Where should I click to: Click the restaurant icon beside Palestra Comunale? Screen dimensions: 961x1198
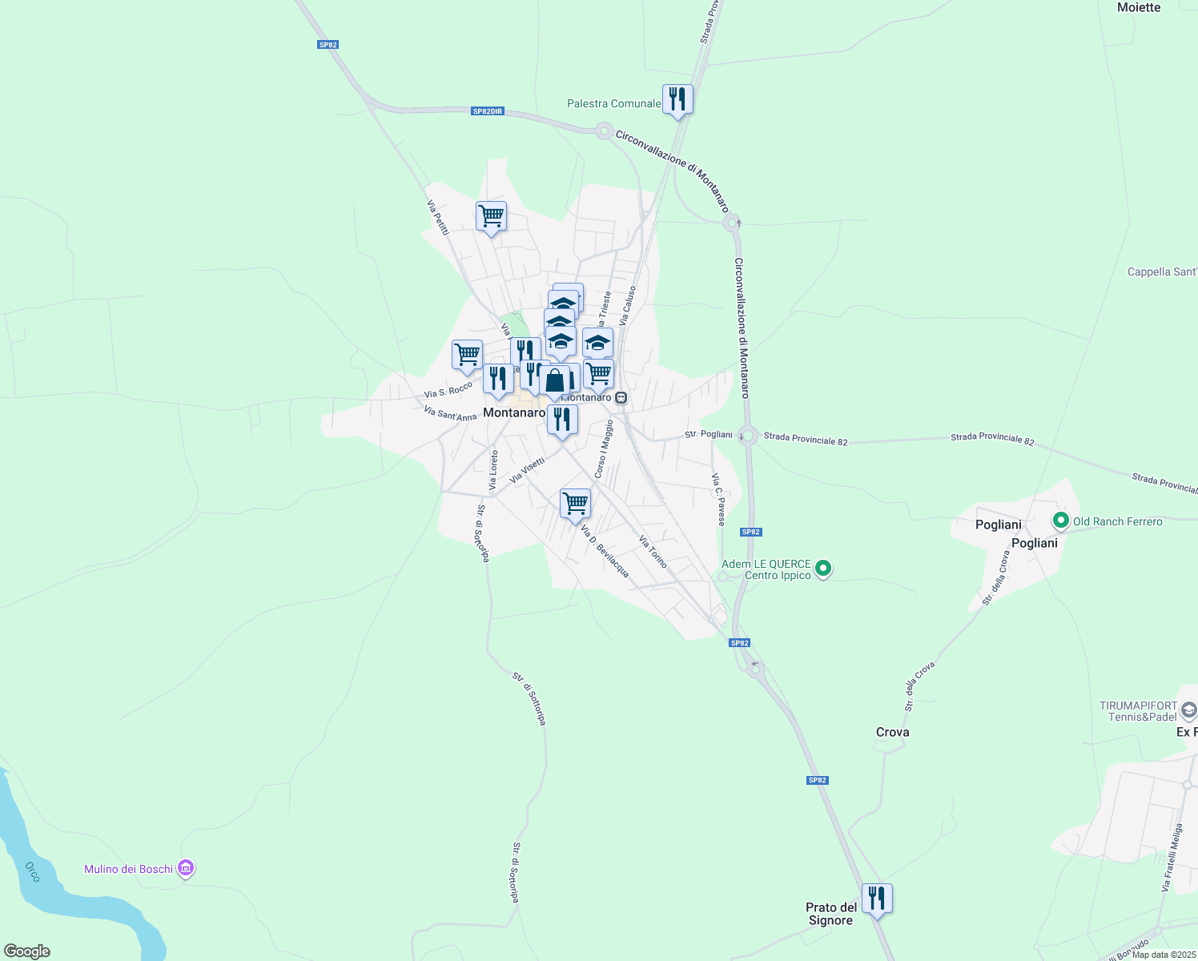pos(677,99)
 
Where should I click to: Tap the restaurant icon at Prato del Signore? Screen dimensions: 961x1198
pos(877,899)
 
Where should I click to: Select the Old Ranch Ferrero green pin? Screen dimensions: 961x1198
pos(1061,521)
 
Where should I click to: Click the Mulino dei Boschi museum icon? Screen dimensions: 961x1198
pos(186,868)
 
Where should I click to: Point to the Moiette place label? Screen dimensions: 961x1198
pos(1138,7)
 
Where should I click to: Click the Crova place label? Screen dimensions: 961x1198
pos(892,732)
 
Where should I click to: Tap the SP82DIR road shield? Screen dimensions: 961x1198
pos(487,111)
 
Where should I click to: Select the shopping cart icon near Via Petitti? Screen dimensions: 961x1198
pos(491,216)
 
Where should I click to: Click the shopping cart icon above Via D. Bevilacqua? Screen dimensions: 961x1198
pos(575,504)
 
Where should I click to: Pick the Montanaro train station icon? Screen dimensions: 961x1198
pos(621,397)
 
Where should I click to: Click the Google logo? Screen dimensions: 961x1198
pos(26,951)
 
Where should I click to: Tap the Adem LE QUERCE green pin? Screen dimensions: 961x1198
pos(822,569)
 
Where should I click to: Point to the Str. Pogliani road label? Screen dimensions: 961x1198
pos(708,434)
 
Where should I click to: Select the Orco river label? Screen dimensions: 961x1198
pos(33,872)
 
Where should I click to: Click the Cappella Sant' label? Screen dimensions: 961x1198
pos(1161,271)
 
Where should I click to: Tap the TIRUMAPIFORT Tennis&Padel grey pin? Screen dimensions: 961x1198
pos(1188,710)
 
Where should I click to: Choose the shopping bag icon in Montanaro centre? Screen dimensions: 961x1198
pos(554,381)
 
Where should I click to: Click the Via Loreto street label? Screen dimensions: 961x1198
pos(494,470)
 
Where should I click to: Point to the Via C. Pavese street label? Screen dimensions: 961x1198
pos(718,499)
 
